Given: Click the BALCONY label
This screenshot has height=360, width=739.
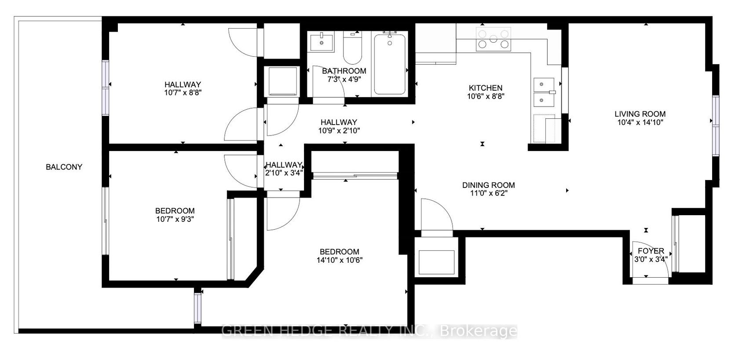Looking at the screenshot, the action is (64, 167).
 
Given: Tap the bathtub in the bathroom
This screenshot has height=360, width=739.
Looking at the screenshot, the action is (390, 64).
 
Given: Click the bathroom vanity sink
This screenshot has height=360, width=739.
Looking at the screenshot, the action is (322, 41).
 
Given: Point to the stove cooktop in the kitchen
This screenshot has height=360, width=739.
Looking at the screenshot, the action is (493, 39).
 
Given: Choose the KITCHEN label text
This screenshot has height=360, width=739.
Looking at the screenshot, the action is (486, 88).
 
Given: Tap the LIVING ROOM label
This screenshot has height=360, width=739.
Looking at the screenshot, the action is (640, 114).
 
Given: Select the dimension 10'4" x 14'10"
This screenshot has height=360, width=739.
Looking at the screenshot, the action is (640, 122).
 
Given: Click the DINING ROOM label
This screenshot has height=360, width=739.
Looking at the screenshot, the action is (489, 185).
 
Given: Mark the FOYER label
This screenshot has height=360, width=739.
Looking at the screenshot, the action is (651, 251).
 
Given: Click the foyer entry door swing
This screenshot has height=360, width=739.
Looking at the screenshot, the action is (651, 261).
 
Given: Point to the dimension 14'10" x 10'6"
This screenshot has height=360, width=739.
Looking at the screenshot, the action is (340, 260).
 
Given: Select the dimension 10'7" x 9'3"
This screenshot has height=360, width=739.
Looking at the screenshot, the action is (175, 219).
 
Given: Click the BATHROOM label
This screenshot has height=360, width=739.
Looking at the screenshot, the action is (344, 71).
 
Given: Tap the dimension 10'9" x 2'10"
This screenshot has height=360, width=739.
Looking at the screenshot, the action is (339, 131).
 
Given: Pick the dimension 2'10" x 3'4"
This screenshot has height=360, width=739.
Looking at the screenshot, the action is (284, 173).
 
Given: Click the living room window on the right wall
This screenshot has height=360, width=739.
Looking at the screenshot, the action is (716, 125).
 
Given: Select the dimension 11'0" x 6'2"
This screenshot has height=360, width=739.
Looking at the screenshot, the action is (489, 193).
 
